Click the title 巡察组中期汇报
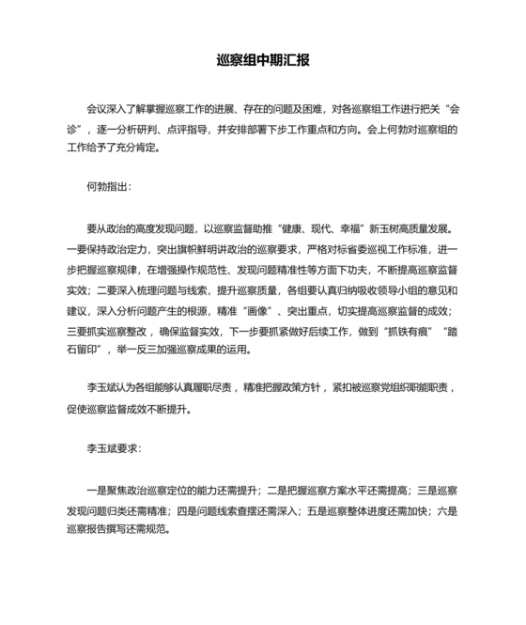[263, 60]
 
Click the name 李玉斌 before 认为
[101, 387]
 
